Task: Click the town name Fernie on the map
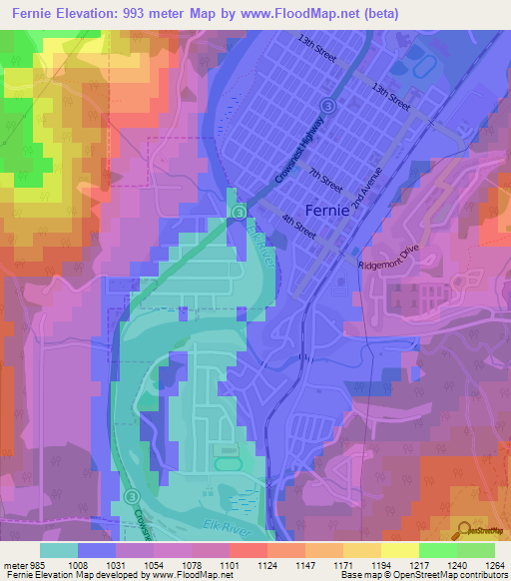point(327,211)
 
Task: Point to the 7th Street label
point(325,179)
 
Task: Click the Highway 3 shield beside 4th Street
point(239,213)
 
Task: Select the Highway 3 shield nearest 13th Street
point(326,105)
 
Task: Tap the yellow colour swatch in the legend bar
point(399,549)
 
